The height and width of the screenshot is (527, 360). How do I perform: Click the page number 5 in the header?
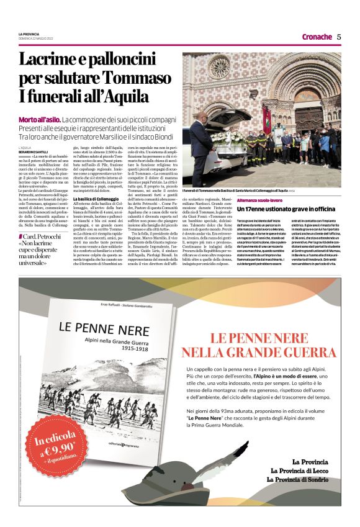339,37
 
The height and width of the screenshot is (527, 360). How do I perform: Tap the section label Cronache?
317,37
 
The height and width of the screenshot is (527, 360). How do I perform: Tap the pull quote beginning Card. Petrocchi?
43,248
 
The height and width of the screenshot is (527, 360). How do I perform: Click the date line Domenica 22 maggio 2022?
40,38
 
